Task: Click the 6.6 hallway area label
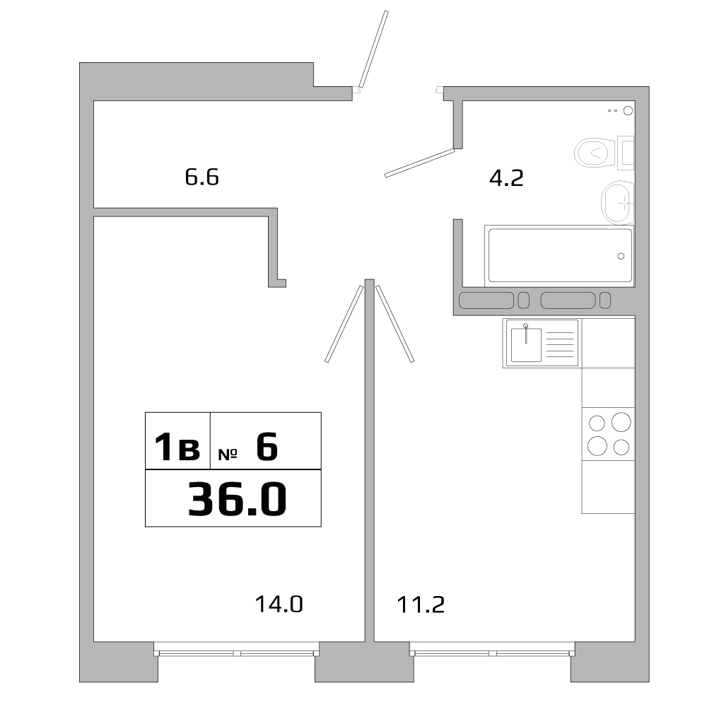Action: pos(202,177)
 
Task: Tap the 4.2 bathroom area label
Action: pos(506,177)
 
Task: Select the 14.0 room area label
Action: pos(279,604)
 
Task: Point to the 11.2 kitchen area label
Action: pos(420,604)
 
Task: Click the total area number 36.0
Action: pos(237,499)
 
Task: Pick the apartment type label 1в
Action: pos(177,448)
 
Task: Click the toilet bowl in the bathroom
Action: pos(592,151)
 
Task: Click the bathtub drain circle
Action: pos(621,256)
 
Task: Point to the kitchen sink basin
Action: pos(526,344)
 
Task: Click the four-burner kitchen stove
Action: pos(608,435)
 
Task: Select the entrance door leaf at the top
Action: pos(373,49)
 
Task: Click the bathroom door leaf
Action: pos(419,163)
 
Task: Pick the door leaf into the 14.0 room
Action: pos(344,323)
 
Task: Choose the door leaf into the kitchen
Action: pos(395,323)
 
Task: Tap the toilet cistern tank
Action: pos(626,152)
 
